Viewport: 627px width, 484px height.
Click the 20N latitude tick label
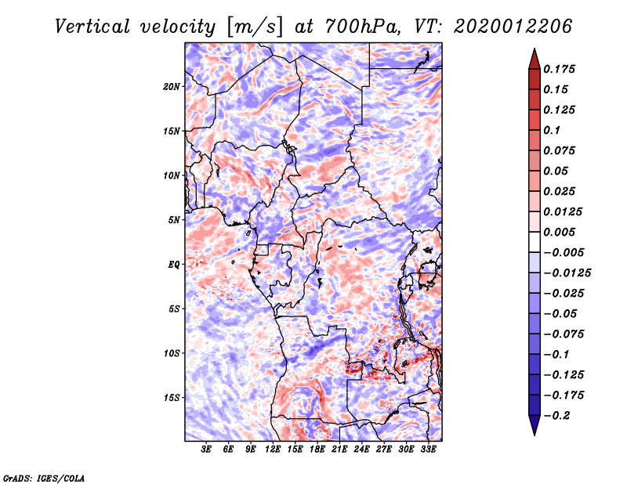[x=172, y=87]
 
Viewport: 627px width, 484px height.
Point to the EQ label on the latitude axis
[x=174, y=265]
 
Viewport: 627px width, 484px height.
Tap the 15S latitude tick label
[x=172, y=398]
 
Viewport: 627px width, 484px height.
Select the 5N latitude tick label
[x=174, y=220]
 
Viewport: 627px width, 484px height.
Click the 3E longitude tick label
[x=206, y=450]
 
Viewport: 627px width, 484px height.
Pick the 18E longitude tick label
[x=317, y=450]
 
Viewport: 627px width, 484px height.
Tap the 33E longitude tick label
[x=428, y=450]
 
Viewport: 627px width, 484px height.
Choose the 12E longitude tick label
[x=273, y=450]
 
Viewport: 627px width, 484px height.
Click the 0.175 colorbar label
[x=559, y=69]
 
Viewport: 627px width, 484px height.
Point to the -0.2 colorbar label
[x=556, y=416]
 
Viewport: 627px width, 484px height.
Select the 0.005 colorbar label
[x=559, y=232]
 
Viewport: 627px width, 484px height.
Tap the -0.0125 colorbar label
[x=567, y=273]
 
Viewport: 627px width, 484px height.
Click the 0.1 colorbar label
[x=552, y=130]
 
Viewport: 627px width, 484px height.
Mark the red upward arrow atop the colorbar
[x=535, y=59]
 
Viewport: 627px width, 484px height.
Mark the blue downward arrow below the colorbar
[x=535, y=425]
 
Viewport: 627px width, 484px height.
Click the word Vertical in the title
[x=92, y=27]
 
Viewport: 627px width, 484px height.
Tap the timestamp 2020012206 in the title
[x=513, y=27]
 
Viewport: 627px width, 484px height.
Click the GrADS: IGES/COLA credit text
[x=44, y=479]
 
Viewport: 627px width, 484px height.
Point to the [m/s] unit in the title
[x=255, y=27]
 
